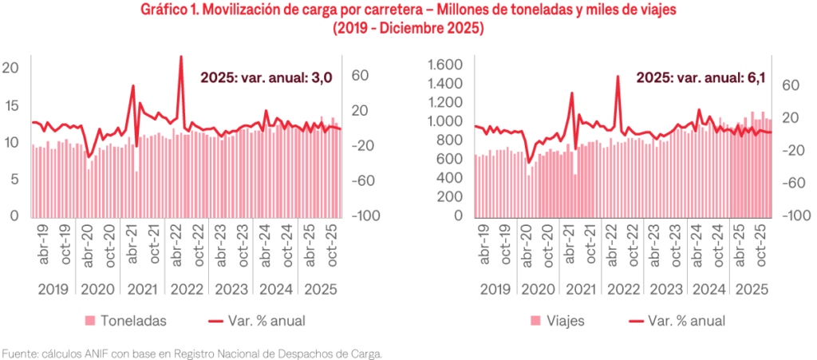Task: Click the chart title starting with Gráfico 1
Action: [408, 10]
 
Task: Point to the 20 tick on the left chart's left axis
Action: [10, 69]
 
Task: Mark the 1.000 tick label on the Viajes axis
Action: [446, 122]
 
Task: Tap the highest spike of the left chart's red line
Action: [181, 57]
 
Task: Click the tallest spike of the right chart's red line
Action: [618, 77]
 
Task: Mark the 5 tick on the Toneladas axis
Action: [14, 180]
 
